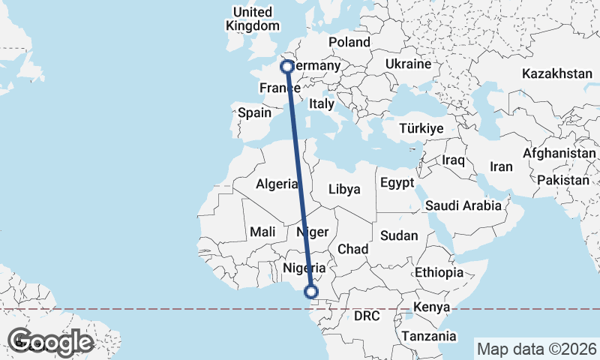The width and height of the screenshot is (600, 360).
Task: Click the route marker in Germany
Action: (286, 67)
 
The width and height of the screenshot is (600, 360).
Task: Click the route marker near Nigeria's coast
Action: (311, 292)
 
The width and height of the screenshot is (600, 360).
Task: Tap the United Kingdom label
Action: (252, 19)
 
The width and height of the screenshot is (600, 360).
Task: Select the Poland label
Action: (349, 42)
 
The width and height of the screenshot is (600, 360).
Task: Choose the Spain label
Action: (253, 113)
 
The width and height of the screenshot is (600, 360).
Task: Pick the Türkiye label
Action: (421, 128)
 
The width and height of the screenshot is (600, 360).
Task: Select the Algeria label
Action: (277, 184)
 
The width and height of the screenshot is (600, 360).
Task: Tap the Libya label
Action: (344, 188)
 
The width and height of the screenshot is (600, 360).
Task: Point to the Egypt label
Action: (397, 182)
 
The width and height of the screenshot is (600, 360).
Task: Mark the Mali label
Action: (262, 232)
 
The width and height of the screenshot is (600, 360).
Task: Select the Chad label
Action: (352, 248)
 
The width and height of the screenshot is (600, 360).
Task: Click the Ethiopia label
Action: (439, 271)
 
